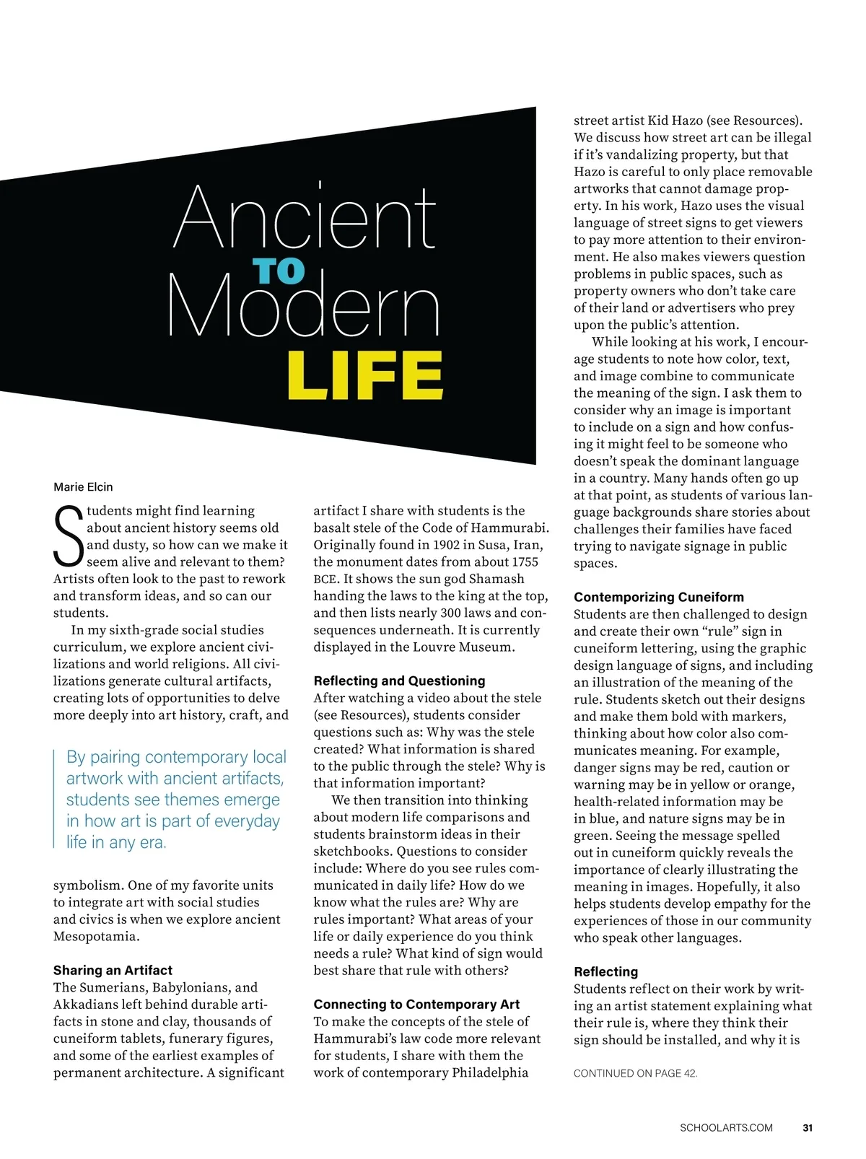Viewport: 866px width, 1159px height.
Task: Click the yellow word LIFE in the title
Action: (365, 375)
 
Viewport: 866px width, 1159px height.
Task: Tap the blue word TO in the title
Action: (279, 271)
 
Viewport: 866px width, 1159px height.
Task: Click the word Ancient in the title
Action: (305, 217)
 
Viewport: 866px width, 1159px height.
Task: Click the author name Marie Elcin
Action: (83, 487)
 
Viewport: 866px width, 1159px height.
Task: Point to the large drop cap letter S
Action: (69, 537)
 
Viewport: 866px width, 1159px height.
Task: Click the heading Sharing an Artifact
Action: (113, 971)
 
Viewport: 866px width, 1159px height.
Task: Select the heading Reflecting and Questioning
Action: (399, 681)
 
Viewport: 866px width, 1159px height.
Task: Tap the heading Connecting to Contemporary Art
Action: (416, 1005)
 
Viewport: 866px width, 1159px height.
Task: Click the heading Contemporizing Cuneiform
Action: (658, 598)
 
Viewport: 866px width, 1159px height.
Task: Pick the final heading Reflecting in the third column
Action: (605, 972)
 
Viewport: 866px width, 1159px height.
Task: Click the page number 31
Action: (808, 1128)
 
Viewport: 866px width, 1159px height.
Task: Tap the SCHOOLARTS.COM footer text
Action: (726, 1128)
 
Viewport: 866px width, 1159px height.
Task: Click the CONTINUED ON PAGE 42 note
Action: (635, 1074)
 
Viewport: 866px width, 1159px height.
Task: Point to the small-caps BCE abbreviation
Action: (325, 579)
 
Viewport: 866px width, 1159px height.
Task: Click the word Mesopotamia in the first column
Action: (95, 937)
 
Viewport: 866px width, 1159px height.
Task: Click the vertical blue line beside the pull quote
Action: (55, 799)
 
